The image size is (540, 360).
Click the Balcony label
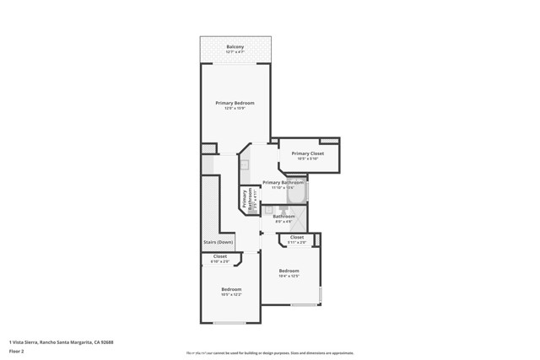pos(235,46)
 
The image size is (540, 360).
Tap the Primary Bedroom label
pos(235,103)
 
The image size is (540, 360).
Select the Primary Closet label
pos(307,153)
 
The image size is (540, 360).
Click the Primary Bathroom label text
pos(283,182)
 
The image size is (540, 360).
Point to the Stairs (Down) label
pos(218,242)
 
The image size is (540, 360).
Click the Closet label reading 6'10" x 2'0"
pos(219,256)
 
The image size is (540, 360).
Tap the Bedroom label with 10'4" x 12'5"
pos(289,271)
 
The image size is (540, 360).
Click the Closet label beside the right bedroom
pos(297,238)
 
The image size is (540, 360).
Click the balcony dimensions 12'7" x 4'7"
pos(235,52)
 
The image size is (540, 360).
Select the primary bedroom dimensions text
pos(235,109)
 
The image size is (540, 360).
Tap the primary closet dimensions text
pos(307,159)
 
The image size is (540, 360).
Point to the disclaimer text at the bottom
pos(269,353)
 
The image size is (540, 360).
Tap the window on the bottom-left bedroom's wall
pos(229,323)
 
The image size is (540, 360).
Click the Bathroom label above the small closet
pos(282,217)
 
